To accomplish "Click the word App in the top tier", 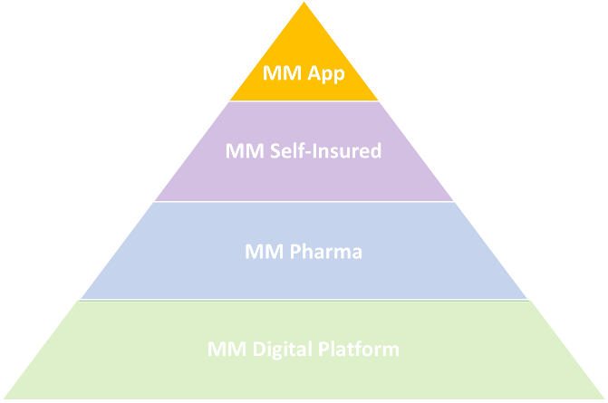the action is pos(326,73).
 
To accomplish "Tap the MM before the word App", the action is pos(283,72).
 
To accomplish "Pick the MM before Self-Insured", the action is pos(245,150).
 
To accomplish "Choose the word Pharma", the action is pos(326,251).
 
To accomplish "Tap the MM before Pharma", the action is pos(265,252).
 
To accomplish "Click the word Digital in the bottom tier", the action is pos(283,350).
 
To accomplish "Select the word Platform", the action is pos(359,349).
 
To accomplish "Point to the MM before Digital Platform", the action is pos(227,350).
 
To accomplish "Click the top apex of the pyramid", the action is pos(304,2).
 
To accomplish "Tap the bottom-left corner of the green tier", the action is pos(4,398).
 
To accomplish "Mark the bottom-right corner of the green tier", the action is pos(604,398).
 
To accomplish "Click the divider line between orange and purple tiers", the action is pos(304,101).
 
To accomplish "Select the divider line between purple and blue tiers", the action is pos(304,201).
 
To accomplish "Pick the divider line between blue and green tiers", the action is pos(304,300).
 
